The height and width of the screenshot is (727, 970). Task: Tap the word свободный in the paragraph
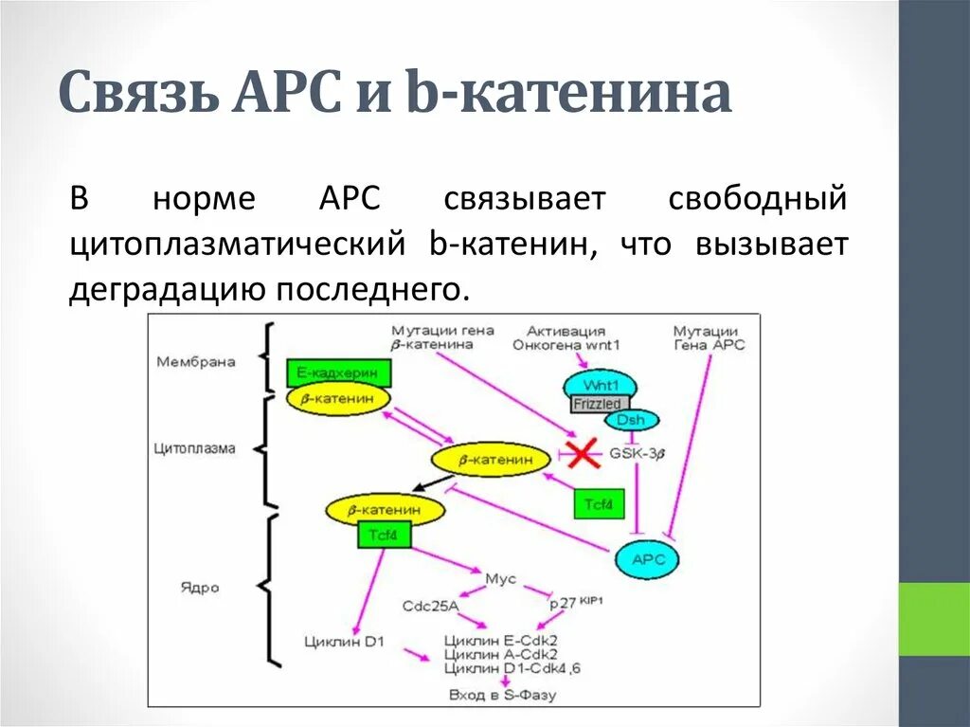tap(757, 200)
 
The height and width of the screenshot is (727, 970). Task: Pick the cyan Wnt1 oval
tap(601, 385)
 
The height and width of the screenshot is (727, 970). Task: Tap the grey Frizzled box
tap(598, 404)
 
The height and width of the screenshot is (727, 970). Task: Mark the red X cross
tap(582, 454)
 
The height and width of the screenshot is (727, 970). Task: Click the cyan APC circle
tap(649, 559)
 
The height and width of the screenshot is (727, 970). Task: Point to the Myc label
tap(500, 578)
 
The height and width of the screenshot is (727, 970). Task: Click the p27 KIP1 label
tap(576, 603)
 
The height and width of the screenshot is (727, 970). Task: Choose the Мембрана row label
tap(195, 361)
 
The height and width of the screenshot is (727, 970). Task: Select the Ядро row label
tap(199, 587)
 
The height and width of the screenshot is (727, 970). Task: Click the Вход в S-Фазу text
tap(503, 695)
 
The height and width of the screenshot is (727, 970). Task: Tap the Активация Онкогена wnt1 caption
tap(566, 337)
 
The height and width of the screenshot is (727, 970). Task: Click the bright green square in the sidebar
tap(934, 620)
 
